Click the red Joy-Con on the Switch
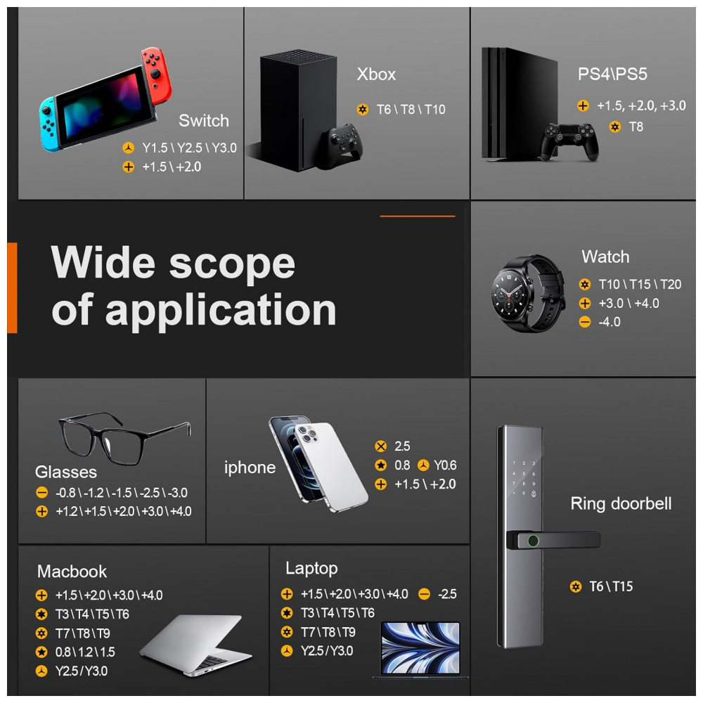156,76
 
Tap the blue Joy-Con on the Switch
50,123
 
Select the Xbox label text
376,75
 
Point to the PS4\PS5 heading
612,74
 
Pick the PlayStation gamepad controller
569,141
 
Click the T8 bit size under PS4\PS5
636,127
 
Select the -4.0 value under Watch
610,322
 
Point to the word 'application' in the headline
221,311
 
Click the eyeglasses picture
124,438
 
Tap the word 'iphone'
250,467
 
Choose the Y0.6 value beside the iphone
445,465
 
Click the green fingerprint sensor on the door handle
533,541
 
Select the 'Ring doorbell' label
621,503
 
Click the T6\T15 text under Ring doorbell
611,586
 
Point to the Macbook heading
72,572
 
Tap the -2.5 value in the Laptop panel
447,594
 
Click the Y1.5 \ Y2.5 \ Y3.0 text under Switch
189,148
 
